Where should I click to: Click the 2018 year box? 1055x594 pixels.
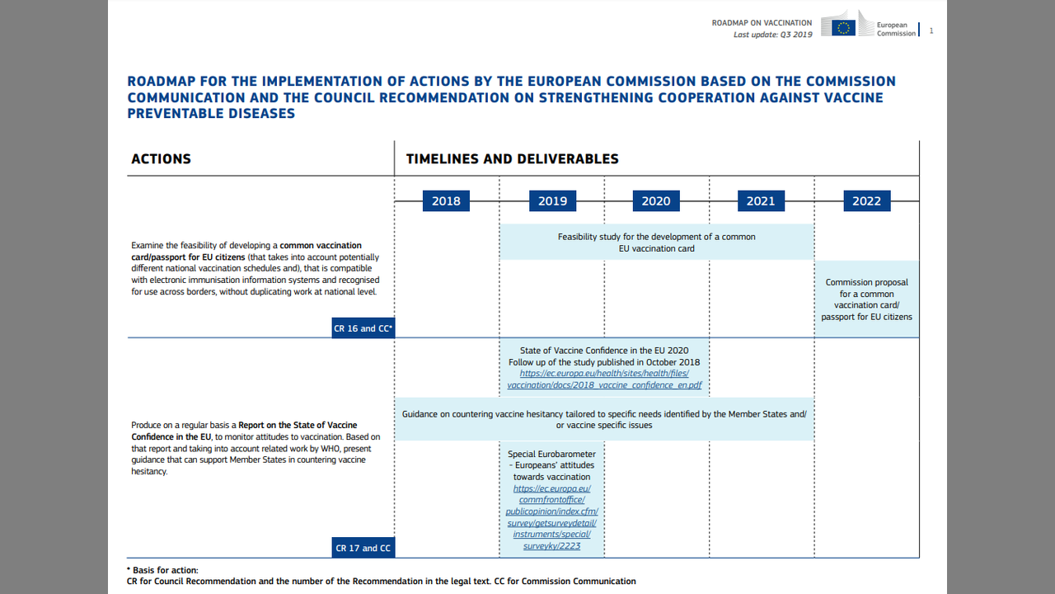tap(446, 200)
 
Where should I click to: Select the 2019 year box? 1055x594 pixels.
tap(552, 200)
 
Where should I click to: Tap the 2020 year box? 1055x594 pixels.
tap(656, 200)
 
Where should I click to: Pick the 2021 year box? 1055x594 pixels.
tap(761, 200)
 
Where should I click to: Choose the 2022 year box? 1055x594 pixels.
tap(866, 200)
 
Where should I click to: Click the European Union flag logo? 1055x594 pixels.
tap(843, 27)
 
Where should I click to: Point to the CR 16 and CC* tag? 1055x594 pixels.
tap(363, 328)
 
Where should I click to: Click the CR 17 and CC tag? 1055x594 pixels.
tap(363, 548)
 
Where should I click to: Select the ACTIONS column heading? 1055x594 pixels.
tap(161, 158)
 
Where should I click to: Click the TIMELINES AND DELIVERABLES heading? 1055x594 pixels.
tap(512, 158)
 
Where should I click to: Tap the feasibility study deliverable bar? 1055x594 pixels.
tap(656, 243)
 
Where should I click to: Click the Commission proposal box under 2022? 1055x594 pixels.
tap(866, 299)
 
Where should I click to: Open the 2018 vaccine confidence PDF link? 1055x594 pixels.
tap(604, 379)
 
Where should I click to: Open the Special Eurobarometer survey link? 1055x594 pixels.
tap(551, 516)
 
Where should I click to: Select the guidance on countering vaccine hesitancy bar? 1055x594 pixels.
tap(604, 419)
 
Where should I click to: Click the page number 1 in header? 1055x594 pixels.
tap(931, 31)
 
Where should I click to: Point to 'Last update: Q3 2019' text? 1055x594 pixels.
tap(772, 35)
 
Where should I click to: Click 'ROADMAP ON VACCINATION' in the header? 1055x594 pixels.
tap(762, 23)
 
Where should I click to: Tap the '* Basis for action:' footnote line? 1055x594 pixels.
tap(162, 570)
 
